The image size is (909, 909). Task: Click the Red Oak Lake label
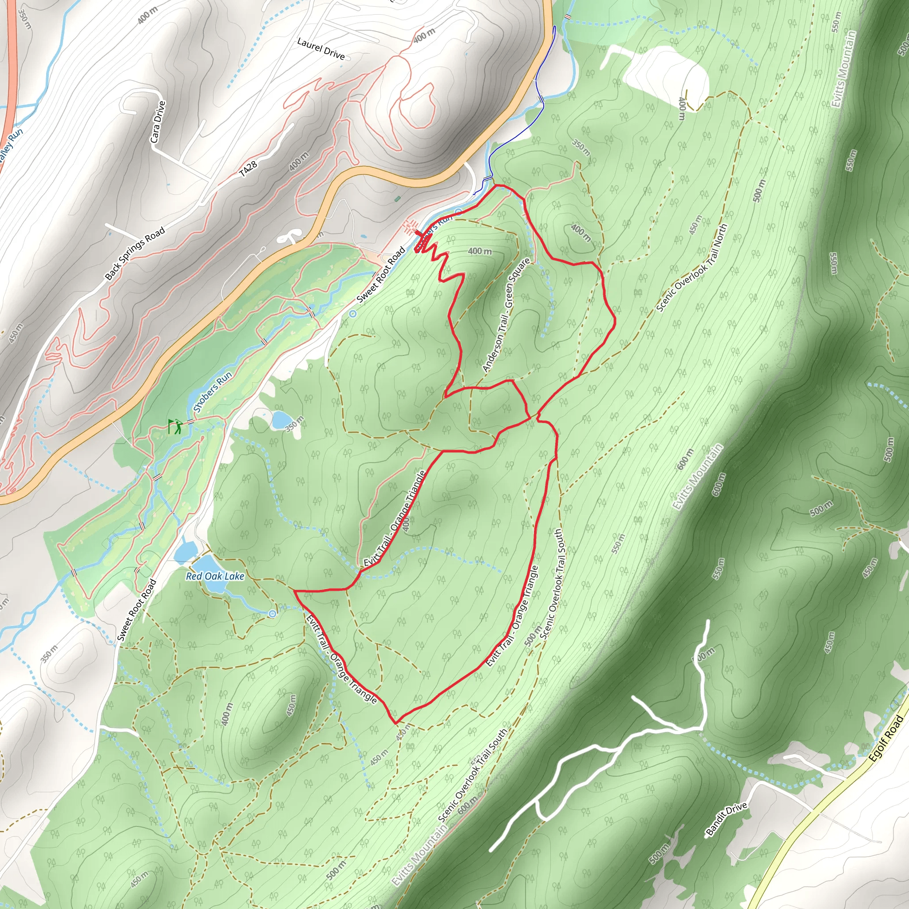point(215,577)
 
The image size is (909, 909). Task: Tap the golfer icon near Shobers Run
point(175,426)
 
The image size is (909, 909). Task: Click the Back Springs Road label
point(135,253)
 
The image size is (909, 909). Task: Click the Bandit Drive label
point(727,819)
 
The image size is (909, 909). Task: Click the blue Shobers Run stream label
point(213,391)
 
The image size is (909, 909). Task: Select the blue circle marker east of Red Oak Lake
point(273,613)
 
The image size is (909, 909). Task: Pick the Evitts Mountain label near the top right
point(845,69)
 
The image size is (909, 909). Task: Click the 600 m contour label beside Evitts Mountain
point(685,459)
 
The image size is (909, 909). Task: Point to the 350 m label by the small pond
point(295,424)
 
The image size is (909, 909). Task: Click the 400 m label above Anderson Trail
point(479,251)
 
